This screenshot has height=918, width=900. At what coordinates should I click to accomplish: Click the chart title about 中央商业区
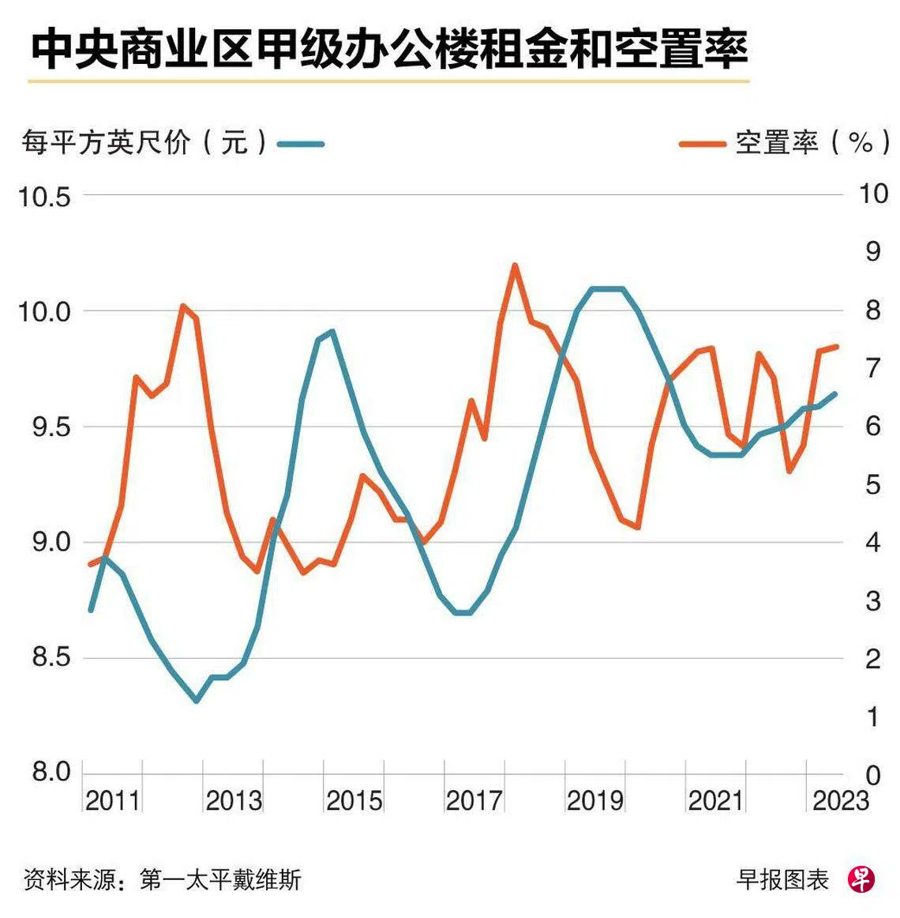[x=388, y=49]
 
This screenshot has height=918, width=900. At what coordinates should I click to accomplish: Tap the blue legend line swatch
[x=301, y=144]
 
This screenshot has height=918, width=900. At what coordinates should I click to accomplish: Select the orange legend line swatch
[x=702, y=144]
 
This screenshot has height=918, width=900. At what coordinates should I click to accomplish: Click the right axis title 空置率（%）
[x=813, y=143]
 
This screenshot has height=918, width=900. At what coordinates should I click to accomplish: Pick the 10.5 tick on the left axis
[x=45, y=196]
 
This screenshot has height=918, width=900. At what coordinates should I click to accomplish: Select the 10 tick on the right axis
[x=872, y=194]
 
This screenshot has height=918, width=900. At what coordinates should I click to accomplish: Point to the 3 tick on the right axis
[x=872, y=601]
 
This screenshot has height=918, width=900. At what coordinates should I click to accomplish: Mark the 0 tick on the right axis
[x=872, y=775]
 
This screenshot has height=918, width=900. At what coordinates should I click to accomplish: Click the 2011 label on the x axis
[x=112, y=801]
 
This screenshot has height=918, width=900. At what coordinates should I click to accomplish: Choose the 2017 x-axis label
[x=474, y=801]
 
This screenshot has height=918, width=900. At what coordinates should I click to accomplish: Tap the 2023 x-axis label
[x=841, y=801]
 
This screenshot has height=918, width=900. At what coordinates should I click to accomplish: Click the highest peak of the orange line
[x=515, y=266]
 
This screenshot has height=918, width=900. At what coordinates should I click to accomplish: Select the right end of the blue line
[x=835, y=393]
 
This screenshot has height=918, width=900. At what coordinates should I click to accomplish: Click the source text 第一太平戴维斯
[x=220, y=879]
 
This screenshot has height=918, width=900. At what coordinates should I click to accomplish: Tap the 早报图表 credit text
[x=782, y=879]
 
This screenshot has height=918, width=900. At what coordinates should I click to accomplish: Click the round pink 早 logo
[x=862, y=878]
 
